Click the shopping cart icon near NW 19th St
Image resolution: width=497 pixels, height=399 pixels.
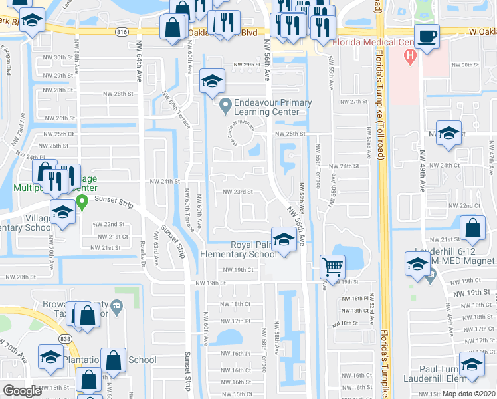[x=332, y=267]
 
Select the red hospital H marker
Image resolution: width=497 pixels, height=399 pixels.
[x=410, y=55]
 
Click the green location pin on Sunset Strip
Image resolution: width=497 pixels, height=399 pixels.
[x=82, y=201]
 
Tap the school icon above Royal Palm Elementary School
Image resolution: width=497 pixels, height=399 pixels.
[x=284, y=239]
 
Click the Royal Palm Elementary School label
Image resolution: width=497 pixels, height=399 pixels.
[x=253, y=249]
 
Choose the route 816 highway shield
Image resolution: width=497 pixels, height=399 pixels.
[x=121, y=31]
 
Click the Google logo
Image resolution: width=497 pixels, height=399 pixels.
[x=22, y=391]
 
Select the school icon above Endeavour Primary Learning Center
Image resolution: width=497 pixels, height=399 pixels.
[x=212, y=81]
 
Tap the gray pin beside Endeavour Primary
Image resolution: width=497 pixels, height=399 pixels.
[x=225, y=104]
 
